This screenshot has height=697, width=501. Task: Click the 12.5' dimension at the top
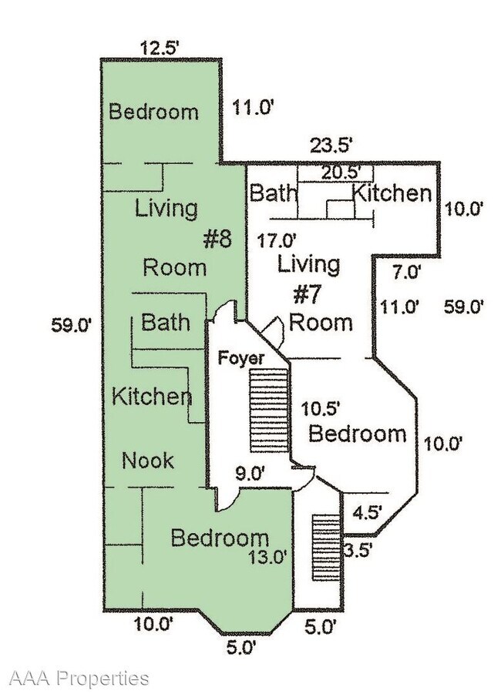[160, 47]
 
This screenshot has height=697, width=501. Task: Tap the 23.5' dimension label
[331, 145]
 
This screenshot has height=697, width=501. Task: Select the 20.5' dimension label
[341, 172]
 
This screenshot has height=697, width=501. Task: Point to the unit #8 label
[217, 239]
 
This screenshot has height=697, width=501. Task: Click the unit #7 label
[308, 295]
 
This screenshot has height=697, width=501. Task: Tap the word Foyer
[241, 358]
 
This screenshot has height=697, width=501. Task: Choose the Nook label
[148, 461]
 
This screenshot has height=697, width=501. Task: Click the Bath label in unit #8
[166, 322]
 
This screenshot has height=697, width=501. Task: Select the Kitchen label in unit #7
[392, 193]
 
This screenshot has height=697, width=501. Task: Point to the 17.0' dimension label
[277, 241]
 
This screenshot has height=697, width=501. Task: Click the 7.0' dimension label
[405, 271]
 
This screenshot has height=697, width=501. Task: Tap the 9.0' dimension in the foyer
[250, 474]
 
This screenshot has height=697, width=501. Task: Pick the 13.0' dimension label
[268, 557]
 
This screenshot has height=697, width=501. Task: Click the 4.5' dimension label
[367, 512]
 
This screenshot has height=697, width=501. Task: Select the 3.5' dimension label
[358, 551]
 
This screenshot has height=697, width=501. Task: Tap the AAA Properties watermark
[79, 679]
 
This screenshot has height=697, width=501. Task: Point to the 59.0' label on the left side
[72, 325]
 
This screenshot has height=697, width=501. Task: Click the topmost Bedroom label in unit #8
[153, 111]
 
